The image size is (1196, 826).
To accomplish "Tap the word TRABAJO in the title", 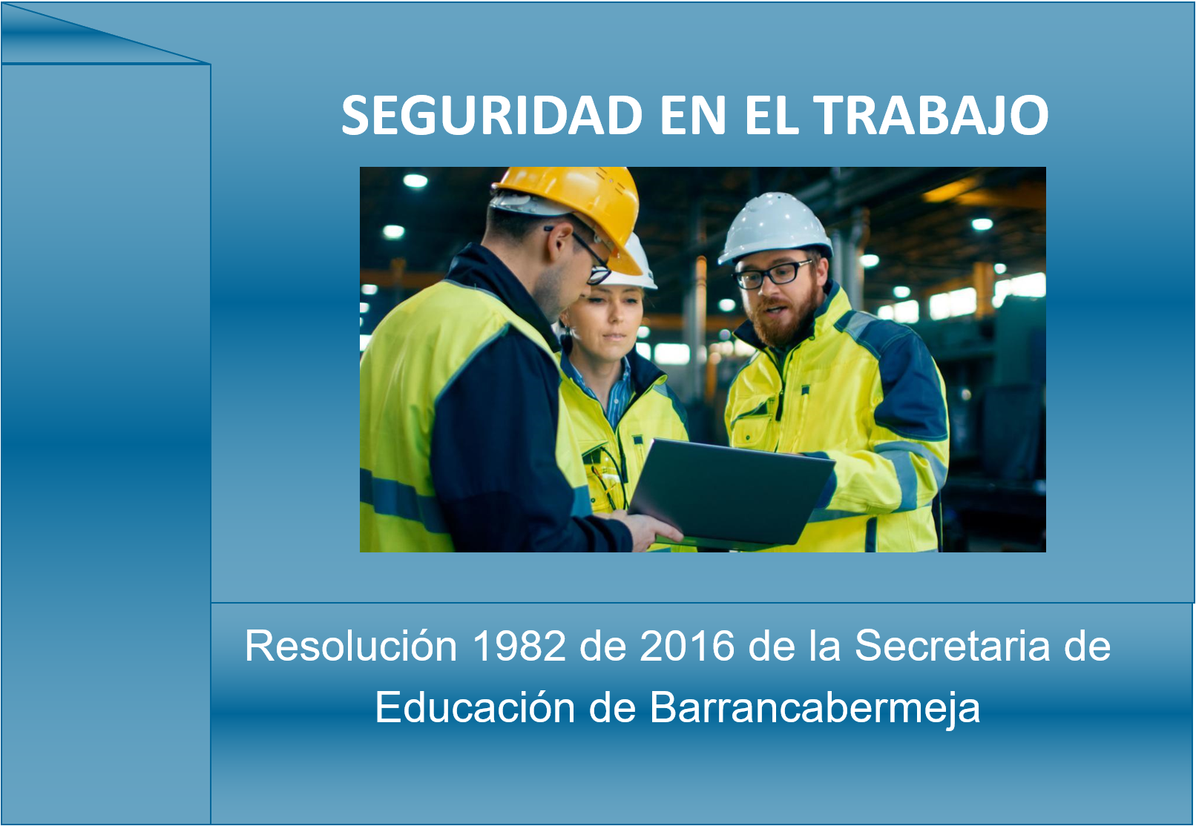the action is point(933,115).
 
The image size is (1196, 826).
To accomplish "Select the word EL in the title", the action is point(772,115).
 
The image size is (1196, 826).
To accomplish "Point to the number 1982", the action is point(519,646).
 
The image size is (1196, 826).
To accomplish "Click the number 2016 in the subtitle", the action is point(686,646).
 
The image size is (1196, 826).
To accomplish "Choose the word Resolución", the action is point(351,646).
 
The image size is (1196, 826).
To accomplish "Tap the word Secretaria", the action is point(952,646).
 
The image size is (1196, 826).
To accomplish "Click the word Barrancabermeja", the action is point(815,707).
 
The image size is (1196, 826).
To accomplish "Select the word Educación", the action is point(474,707).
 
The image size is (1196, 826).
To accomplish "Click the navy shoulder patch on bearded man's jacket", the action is point(902,379).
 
